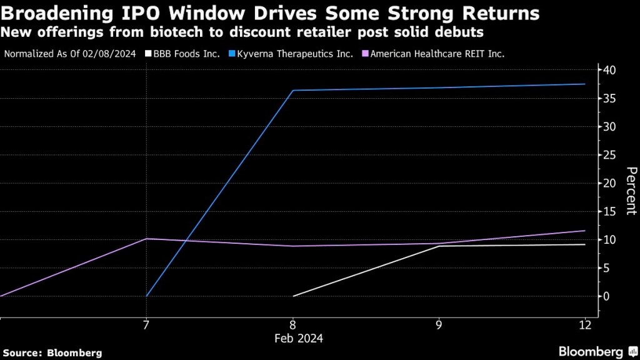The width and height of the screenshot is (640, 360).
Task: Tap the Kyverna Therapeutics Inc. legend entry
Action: pyautogui.click(x=294, y=54)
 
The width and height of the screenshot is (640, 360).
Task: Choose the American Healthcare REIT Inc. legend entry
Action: pyautogui.click(x=437, y=54)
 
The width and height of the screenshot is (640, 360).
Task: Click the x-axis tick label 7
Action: pyautogui.click(x=146, y=325)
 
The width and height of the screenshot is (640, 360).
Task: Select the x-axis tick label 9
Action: pyautogui.click(x=439, y=325)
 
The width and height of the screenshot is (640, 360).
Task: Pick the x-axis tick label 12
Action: pyautogui.click(x=585, y=325)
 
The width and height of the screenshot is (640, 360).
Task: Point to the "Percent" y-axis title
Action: pyautogui.click(x=631, y=191)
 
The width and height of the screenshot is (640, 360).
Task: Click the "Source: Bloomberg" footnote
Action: pyautogui.click(x=52, y=352)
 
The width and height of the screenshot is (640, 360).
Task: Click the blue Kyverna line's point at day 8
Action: pyautogui.click(x=292, y=91)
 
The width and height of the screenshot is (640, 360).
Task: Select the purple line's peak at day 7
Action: pyautogui.click(x=146, y=239)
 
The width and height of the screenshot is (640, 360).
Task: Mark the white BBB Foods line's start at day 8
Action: pyautogui.click(x=292, y=296)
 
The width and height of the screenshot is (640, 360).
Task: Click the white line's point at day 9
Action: pyautogui.click(x=439, y=246)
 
